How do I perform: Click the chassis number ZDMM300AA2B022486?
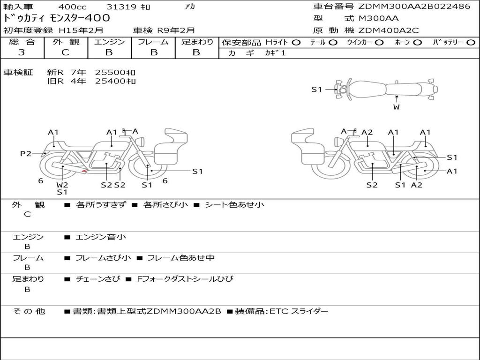pos(414,7)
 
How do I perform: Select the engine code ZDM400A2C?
pos(389,30)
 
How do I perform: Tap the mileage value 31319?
pos(121,7)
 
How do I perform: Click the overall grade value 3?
pos(22,52)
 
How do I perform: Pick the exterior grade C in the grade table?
pos(65,52)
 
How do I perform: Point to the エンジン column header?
pos(109,42)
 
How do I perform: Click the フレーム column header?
pos(153,42)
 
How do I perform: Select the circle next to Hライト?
pos(296,42)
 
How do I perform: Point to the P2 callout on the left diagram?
pos(25,153)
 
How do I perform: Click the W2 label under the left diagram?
pos(62,184)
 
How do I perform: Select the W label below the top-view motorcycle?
pos(397,107)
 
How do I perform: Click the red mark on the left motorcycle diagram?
pos(84,172)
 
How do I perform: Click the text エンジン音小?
pos(101,237)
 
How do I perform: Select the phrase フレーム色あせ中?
pos(181,258)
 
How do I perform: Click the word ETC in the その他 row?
pos(279,311)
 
